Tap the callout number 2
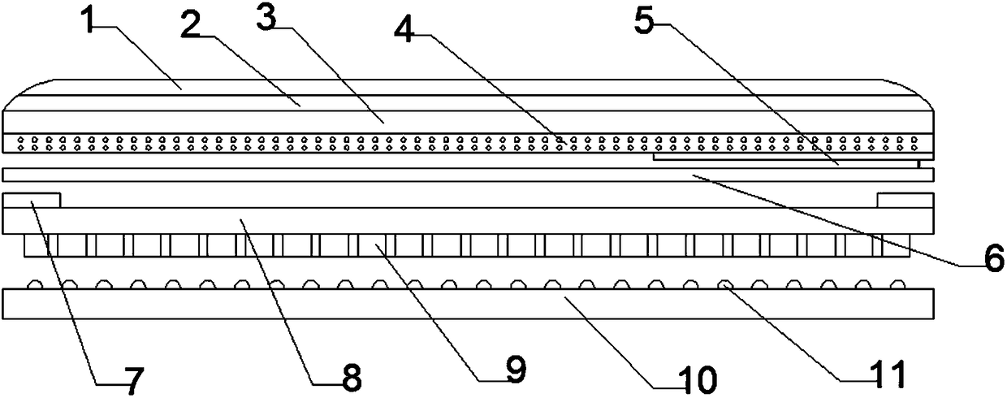tap(191, 26)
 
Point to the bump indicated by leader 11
tap(727, 285)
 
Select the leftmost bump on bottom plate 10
tap(35, 285)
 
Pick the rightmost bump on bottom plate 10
tap(897, 285)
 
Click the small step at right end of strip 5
tap(918, 162)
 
